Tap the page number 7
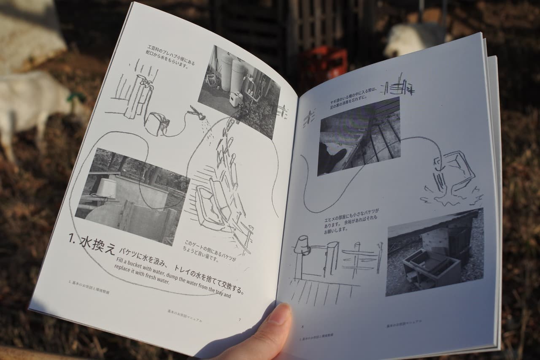coord(239,319)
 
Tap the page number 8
coord(302,326)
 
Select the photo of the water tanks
coord(239,90)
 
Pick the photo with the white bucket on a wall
coord(132,195)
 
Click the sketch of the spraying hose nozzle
coord(197,113)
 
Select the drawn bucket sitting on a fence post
coord(302,246)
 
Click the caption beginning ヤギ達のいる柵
coord(352,100)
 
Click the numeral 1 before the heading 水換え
coord(72,239)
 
